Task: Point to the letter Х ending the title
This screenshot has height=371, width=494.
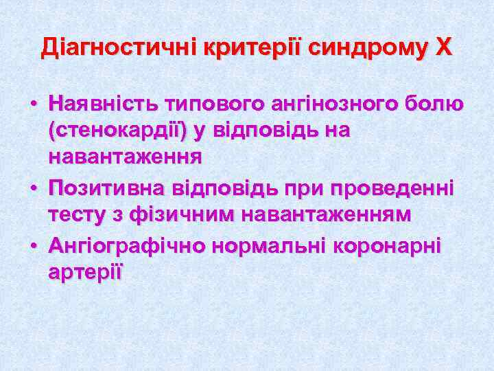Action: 444,47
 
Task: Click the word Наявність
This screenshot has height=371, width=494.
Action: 102,105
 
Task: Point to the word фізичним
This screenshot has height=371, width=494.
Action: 179,214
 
